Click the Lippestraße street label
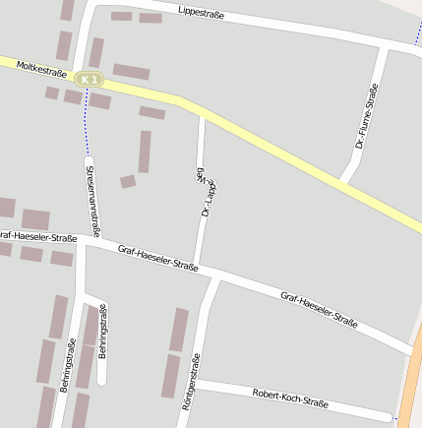202,13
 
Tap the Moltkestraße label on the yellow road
41,72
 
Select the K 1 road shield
90,79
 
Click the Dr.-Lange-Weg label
207,191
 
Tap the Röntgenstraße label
193,381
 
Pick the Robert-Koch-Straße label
289,397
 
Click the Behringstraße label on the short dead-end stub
101,331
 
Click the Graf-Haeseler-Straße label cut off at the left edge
37,237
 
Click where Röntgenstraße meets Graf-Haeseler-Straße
217,276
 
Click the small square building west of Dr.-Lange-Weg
128,181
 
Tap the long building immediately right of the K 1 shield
131,72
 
